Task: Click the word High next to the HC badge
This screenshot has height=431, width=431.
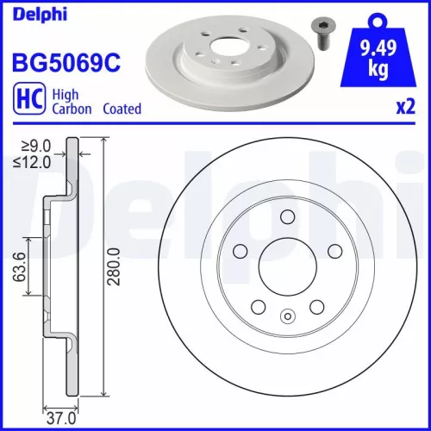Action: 66,96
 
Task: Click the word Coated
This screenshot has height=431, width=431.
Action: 122,109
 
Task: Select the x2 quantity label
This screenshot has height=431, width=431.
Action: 405,109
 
